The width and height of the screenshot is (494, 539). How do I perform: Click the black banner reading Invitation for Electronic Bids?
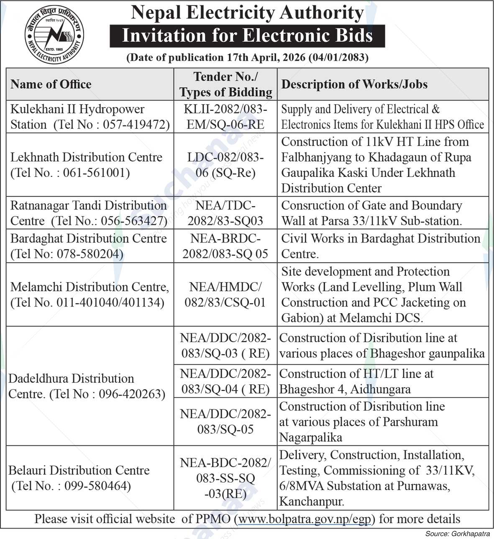pyautogui.click(x=247, y=36)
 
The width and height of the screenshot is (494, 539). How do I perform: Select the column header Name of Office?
pyautogui.click(x=51, y=84)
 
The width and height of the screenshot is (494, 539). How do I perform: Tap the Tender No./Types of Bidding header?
pyautogui.click(x=225, y=84)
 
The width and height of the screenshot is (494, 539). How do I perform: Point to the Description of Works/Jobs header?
pyautogui.click(x=354, y=84)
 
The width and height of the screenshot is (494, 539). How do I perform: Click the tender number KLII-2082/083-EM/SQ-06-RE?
pyautogui.click(x=225, y=117)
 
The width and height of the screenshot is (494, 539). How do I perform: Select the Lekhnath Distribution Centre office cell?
pyautogui.click(x=87, y=165)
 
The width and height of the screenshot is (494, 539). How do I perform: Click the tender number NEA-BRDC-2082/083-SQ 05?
pyautogui.click(x=225, y=246)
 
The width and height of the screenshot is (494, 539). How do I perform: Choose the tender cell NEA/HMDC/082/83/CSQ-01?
pyautogui.click(x=225, y=294)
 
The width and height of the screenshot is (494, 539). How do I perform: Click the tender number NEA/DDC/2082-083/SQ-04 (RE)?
pyautogui.click(x=225, y=381)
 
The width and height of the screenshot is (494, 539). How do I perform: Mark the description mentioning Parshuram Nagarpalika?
pyautogui.click(x=362, y=421)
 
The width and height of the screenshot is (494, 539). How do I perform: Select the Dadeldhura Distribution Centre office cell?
pyautogui.click(x=87, y=386)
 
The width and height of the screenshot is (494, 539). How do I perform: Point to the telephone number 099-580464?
pyautogui.click(x=97, y=486)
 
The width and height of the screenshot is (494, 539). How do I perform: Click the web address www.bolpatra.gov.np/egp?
pyautogui.click(x=304, y=519)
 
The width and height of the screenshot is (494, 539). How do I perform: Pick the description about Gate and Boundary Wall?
pyautogui.click(x=371, y=213)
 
